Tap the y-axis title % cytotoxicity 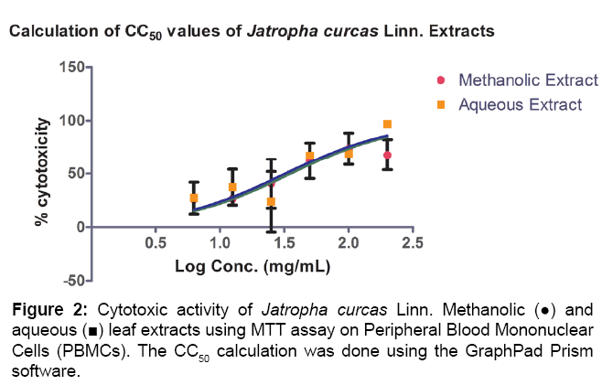(x=42, y=173)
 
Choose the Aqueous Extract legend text (x=520, y=104)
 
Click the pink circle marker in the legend (x=441, y=80)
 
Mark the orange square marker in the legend (x=441, y=104)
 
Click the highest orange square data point (x=387, y=124)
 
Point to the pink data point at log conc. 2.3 (x=387, y=155)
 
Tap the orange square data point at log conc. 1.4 (x=271, y=201)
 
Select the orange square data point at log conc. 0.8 (x=194, y=198)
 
